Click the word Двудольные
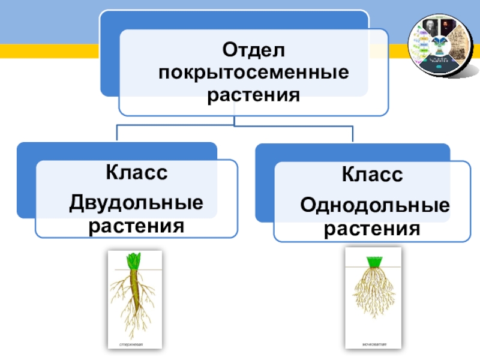pyautogui.click(x=136, y=203)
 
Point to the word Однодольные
pyautogui.click(x=375, y=206)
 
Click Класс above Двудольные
pyautogui.click(x=136, y=173)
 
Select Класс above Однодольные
pyautogui.click(x=372, y=176)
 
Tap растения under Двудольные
pyautogui.click(x=136, y=226)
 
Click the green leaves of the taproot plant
pyautogui.click(x=133, y=261)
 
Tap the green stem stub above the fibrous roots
pyautogui.click(x=375, y=262)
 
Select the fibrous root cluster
pyautogui.click(x=375, y=294)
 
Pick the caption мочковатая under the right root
pyautogui.click(x=374, y=344)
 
